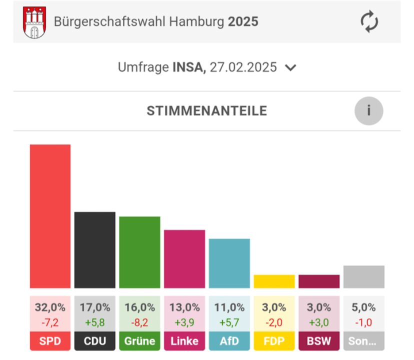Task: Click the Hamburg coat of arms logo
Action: (35, 22)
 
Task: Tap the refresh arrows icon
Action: (369, 22)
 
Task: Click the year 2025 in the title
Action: (243, 22)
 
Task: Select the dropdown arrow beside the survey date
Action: (290, 68)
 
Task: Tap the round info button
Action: (369, 111)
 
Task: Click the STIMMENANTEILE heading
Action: (206, 111)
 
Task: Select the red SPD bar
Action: (50, 216)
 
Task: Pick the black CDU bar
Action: (95, 250)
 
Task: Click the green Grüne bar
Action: (139, 252)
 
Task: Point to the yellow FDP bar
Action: (274, 281)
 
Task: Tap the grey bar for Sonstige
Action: (363, 276)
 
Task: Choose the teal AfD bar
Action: (229, 263)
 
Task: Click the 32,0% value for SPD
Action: (50, 307)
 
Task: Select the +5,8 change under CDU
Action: (95, 323)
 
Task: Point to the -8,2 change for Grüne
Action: (139, 323)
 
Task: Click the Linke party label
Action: (184, 341)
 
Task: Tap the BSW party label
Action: (318, 341)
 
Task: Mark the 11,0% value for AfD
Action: (229, 307)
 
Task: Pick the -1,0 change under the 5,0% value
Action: (363, 323)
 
